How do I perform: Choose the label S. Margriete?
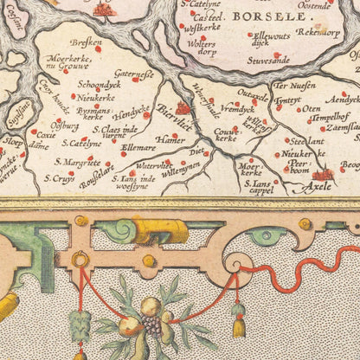coord(74,161)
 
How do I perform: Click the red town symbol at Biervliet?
coord(183,108)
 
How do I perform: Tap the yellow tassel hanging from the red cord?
coord(239,325)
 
